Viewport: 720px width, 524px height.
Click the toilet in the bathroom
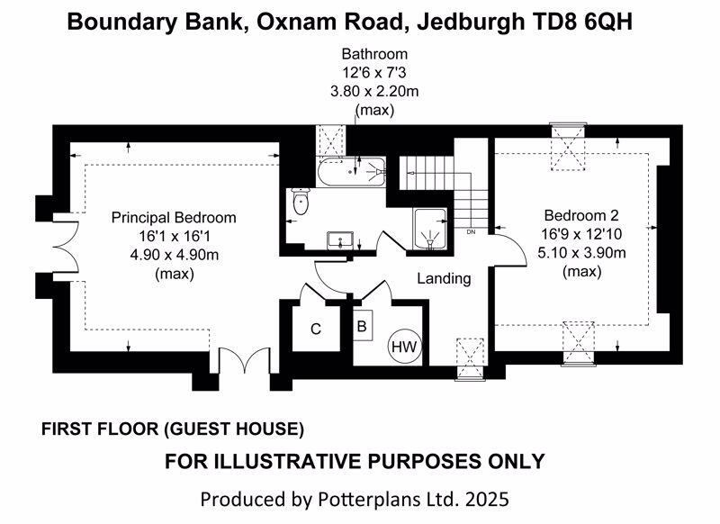(x=301, y=203)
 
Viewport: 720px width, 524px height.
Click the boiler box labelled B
(x=362, y=326)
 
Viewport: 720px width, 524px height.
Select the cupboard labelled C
(x=316, y=330)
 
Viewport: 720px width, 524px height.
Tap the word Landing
(x=444, y=278)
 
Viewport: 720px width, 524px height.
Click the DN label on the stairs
(x=471, y=232)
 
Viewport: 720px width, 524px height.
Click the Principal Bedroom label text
(x=174, y=218)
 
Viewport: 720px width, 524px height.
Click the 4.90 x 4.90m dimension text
(x=174, y=255)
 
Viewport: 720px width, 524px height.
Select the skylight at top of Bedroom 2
(x=568, y=145)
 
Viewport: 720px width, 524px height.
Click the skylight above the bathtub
(x=330, y=141)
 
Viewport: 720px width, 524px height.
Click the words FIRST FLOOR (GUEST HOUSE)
(x=173, y=429)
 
